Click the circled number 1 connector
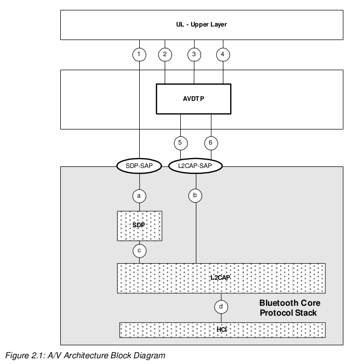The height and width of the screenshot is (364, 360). pos(139,54)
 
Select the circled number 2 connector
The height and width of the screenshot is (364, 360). pos(165,54)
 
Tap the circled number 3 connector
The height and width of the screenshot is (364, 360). pos(194,54)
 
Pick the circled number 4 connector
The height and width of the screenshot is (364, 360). pos(223,54)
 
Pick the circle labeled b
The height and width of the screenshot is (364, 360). pos(195,196)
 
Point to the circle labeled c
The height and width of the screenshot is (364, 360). pos(139,250)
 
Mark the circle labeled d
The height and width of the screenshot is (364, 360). pos(221,307)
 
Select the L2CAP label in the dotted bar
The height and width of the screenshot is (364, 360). pos(220,278)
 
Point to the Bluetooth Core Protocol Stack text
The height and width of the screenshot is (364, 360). pos(289,308)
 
